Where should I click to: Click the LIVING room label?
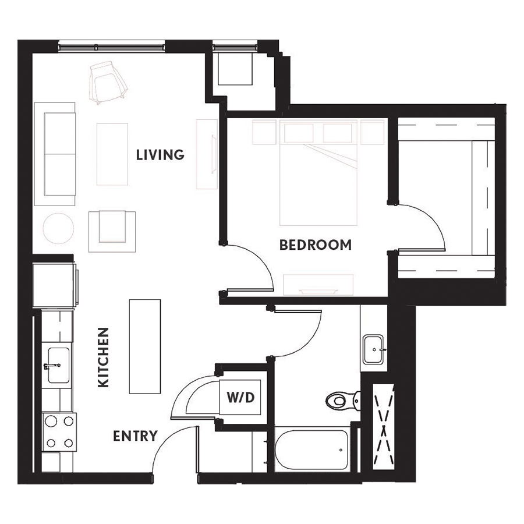tap(160, 155)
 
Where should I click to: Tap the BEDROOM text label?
tap(316, 245)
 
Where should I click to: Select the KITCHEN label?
tap(104, 357)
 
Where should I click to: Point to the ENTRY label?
tap(135, 436)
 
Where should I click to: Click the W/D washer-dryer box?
tap(240, 397)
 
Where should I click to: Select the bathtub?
tap(312, 449)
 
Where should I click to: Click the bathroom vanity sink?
tap(374, 349)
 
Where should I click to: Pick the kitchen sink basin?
tap(58, 365)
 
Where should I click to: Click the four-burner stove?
tap(59, 432)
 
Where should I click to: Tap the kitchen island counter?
tap(145, 346)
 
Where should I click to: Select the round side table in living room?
tap(58, 228)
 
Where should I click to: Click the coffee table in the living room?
tap(112, 154)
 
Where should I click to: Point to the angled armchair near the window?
tap(108, 82)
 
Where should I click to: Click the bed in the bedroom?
tap(318, 173)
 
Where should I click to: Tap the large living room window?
tap(112, 47)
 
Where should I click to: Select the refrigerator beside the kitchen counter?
tap(55, 285)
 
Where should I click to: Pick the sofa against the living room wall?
tap(55, 154)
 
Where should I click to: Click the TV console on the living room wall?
tap(207, 154)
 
